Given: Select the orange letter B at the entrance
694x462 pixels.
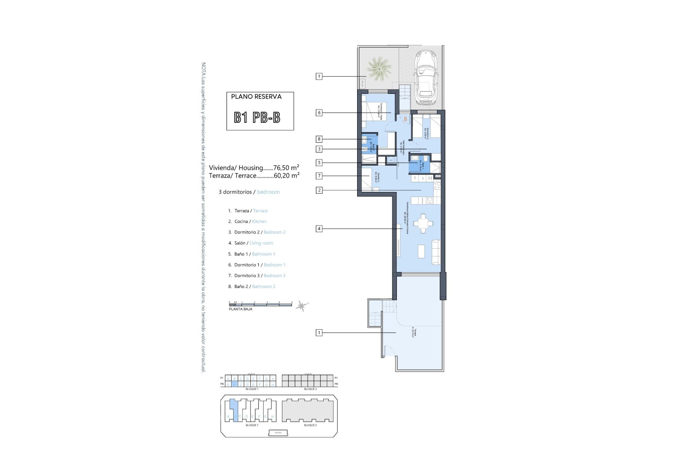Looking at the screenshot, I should pyautogui.click(x=406, y=119).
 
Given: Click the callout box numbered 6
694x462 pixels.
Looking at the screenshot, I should pyautogui.click(x=319, y=113).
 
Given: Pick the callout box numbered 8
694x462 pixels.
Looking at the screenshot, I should pyautogui.click(x=319, y=139).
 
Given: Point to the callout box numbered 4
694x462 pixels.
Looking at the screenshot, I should pyautogui.click(x=319, y=228).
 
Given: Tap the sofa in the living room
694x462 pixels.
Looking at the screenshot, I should pyautogui.click(x=436, y=252).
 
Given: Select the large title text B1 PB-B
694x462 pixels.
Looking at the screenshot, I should pyautogui.click(x=257, y=117).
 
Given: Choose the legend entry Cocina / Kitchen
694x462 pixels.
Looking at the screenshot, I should pyautogui.click(x=250, y=222).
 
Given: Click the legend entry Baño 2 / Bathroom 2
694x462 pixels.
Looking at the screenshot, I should pyautogui.click(x=254, y=287).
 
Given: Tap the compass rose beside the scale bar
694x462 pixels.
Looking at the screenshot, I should pyautogui.click(x=301, y=306).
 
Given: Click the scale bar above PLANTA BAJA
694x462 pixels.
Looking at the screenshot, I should pyautogui.click(x=260, y=304).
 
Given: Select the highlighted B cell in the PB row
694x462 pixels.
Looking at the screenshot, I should pyautogui.click(x=234, y=385).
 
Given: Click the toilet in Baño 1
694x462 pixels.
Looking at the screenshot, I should pyautogui.click(x=426, y=159).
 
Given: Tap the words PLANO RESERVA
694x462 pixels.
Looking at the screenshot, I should pyautogui.click(x=256, y=97).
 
